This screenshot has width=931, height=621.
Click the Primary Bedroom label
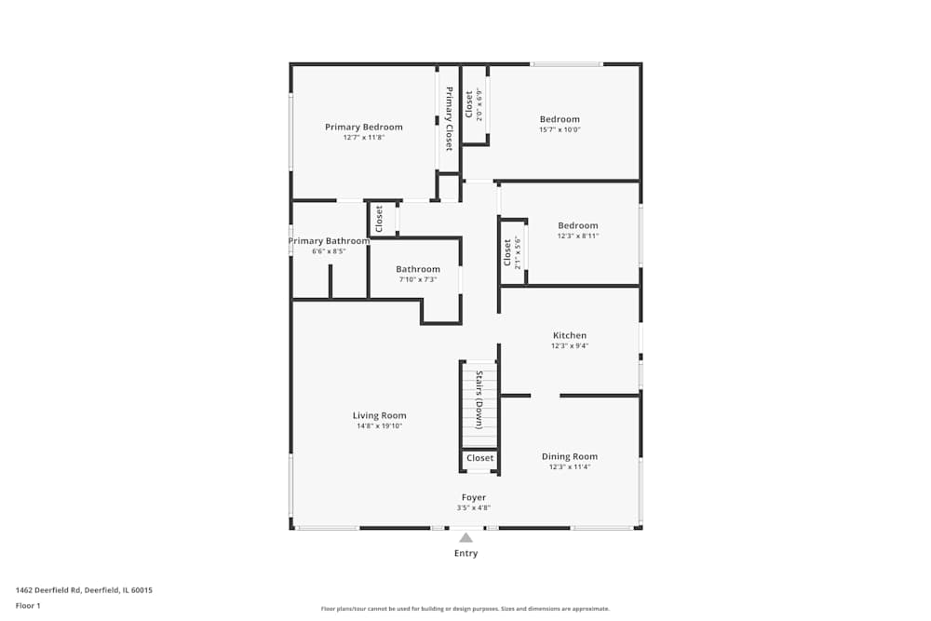[x=363, y=127]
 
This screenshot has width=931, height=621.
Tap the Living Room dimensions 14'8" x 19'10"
[x=379, y=426]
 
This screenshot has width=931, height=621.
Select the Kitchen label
[x=570, y=335]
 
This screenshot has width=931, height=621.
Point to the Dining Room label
[x=570, y=456]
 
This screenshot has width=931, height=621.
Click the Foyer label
[x=473, y=497]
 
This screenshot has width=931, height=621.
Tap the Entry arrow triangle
[x=465, y=537]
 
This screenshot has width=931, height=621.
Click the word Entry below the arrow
[x=465, y=553]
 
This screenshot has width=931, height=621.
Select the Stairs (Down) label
[x=479, y=399]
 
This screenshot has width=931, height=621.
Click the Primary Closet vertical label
[x=449, y=118]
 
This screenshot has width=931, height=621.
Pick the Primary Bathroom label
[x=329, y=240]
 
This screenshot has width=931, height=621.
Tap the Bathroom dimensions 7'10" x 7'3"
[x=418, y=279]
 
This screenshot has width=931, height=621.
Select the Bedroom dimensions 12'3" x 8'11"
[x=577, y=236]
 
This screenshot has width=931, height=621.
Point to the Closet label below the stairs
[x=480, y=458]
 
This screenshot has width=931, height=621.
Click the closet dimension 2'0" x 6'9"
[x=479, y=105]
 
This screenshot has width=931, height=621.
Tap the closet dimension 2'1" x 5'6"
[x=519, y=252]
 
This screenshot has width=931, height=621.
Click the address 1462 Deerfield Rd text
[x=84, y=589]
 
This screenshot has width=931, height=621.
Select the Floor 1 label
[x=28, y=605]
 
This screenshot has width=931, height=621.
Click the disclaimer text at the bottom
[x=465, y=608]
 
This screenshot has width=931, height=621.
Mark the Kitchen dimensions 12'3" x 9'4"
[x=570, y=345]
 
